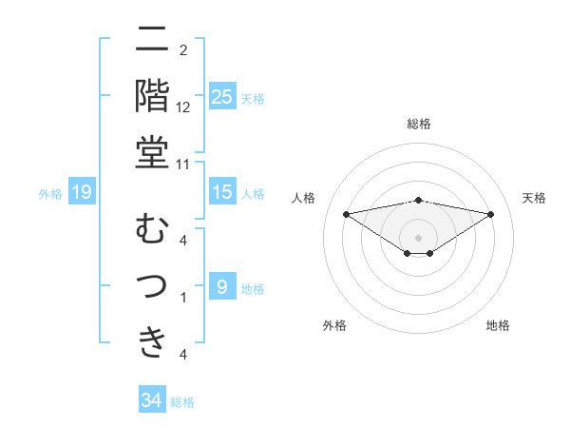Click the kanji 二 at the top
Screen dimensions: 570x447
(x=152, y=40)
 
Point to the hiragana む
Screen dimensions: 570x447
(x=152, y=230)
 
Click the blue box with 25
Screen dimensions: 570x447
(x=222, y=97)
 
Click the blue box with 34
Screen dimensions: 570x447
(x=152, y=400)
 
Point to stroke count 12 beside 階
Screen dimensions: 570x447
(x=183, y=107)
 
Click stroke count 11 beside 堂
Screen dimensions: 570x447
(x=183, y=164)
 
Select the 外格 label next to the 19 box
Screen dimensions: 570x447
(x=50, y=194)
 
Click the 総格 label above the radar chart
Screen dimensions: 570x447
(x=418, y=124)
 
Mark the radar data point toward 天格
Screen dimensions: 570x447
(x=490, y=214)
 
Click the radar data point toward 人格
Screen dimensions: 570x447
(x=346, y=213)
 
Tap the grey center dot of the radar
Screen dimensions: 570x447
(x=418, y=237)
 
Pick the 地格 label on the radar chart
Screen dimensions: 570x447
(x=498, y=325)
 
